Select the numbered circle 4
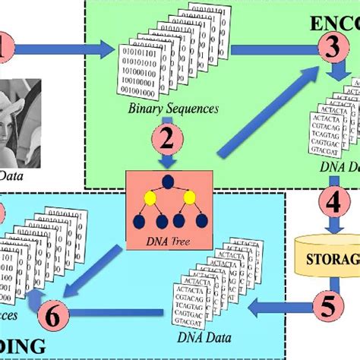[x=332, y=204]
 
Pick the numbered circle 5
[x=327, y=307]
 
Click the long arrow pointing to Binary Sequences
[x=65, y=51]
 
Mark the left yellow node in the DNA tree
[x=150, y=200]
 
